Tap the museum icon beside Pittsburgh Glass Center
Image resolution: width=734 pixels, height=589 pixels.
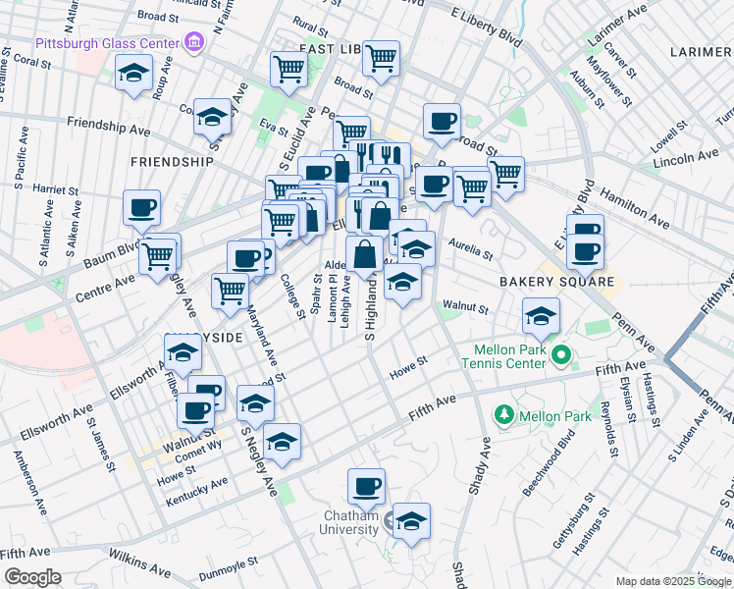click(194, 42)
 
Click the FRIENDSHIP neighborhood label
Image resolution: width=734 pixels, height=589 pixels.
click(172, 161)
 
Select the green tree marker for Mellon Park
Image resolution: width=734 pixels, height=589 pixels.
click(504, 415)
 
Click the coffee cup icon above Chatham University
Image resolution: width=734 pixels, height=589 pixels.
click(367, 485)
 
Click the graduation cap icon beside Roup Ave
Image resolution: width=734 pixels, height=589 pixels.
click(134, 74)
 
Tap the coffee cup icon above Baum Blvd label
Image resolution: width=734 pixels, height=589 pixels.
click(142, 207)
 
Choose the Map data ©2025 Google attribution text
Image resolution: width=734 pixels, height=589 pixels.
click(673, 581)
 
